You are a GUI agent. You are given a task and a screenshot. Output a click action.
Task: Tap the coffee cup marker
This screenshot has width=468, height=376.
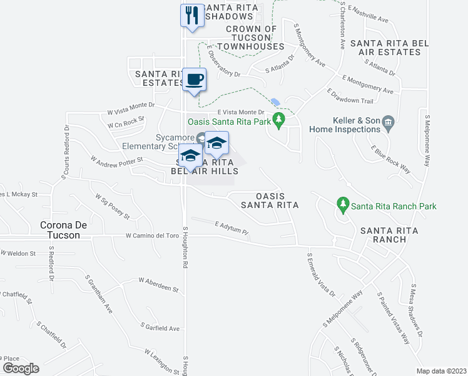pos(195,79)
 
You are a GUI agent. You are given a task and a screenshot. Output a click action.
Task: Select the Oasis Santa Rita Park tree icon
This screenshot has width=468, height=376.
pos(281,117)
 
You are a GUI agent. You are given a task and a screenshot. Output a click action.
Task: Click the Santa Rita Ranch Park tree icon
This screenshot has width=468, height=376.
pos(342,204)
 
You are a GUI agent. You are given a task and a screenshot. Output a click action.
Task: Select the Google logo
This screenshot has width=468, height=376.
pos(20,368)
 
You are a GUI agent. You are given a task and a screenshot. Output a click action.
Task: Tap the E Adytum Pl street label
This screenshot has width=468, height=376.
pos(231,227)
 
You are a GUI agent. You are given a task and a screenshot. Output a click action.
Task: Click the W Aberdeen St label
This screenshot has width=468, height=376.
pos(159,285)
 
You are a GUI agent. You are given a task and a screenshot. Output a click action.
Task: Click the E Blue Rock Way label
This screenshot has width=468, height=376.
pos(390,160)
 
